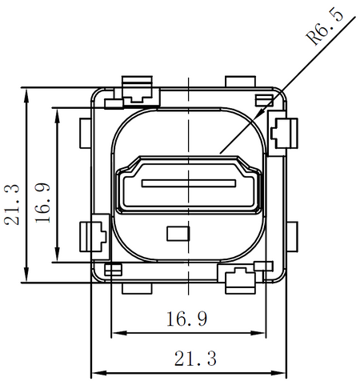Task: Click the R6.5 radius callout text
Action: [325, 26]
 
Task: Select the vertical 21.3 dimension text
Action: [12, 205]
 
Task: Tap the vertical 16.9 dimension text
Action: [42, 203]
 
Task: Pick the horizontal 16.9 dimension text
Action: [187, 319]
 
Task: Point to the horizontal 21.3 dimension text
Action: [195, 359]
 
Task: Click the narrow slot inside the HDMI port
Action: [189, 183]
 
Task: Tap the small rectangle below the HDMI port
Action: [178, 234]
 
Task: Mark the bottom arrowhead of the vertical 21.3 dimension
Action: [26, 275]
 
